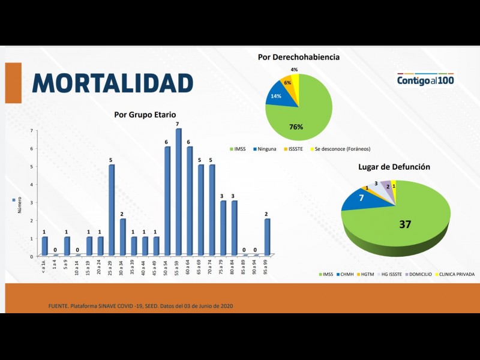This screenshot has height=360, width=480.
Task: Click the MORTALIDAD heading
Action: (113, 83)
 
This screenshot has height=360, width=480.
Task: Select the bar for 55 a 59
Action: (178, 192)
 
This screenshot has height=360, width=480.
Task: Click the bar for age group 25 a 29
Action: (111, 210)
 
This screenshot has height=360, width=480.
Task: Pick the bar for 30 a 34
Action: (122, 237)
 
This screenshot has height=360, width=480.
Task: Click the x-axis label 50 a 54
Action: (167, 267)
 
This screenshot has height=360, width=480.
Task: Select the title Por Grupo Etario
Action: (145, 114)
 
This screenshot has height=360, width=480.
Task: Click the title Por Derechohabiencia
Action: (299, 57)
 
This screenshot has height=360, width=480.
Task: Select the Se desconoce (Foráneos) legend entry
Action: (338, 149)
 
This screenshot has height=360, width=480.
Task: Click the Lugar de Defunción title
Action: (394, 166)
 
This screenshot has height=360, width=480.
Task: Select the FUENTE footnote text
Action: (140, 306)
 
